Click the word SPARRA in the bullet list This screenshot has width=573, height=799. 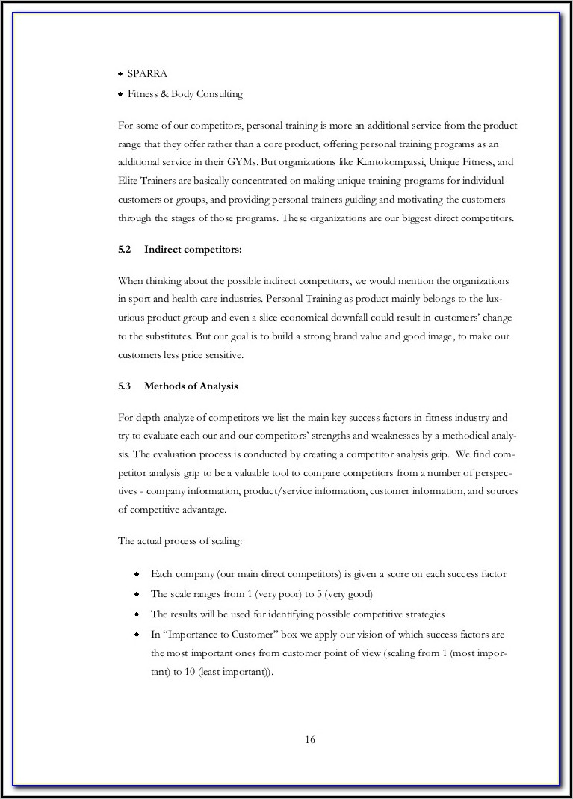[147, 74]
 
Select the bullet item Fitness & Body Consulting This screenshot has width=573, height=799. [185, 94]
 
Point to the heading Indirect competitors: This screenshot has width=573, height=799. [193, 249]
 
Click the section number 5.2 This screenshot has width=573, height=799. [125, 249]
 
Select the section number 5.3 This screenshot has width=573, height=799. [125, 386]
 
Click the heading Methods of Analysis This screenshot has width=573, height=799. [191, 386]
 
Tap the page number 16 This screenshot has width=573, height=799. [310, 740]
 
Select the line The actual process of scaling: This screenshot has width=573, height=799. [179, 541]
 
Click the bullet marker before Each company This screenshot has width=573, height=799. [137, 574]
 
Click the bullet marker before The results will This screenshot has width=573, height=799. [137, 614]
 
